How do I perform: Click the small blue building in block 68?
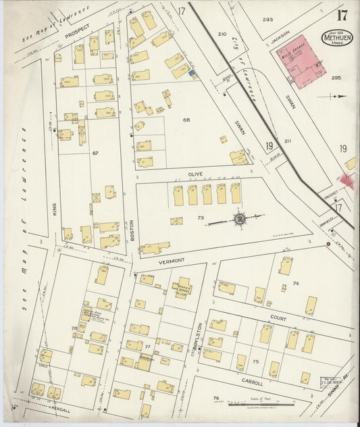click(192, 72)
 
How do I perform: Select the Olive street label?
click(196, 174)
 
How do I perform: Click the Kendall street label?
click(60, 408)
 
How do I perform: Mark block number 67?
click(95, 153)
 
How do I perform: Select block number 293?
click(267, 20)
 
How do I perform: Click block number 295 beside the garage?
click(336, 78)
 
